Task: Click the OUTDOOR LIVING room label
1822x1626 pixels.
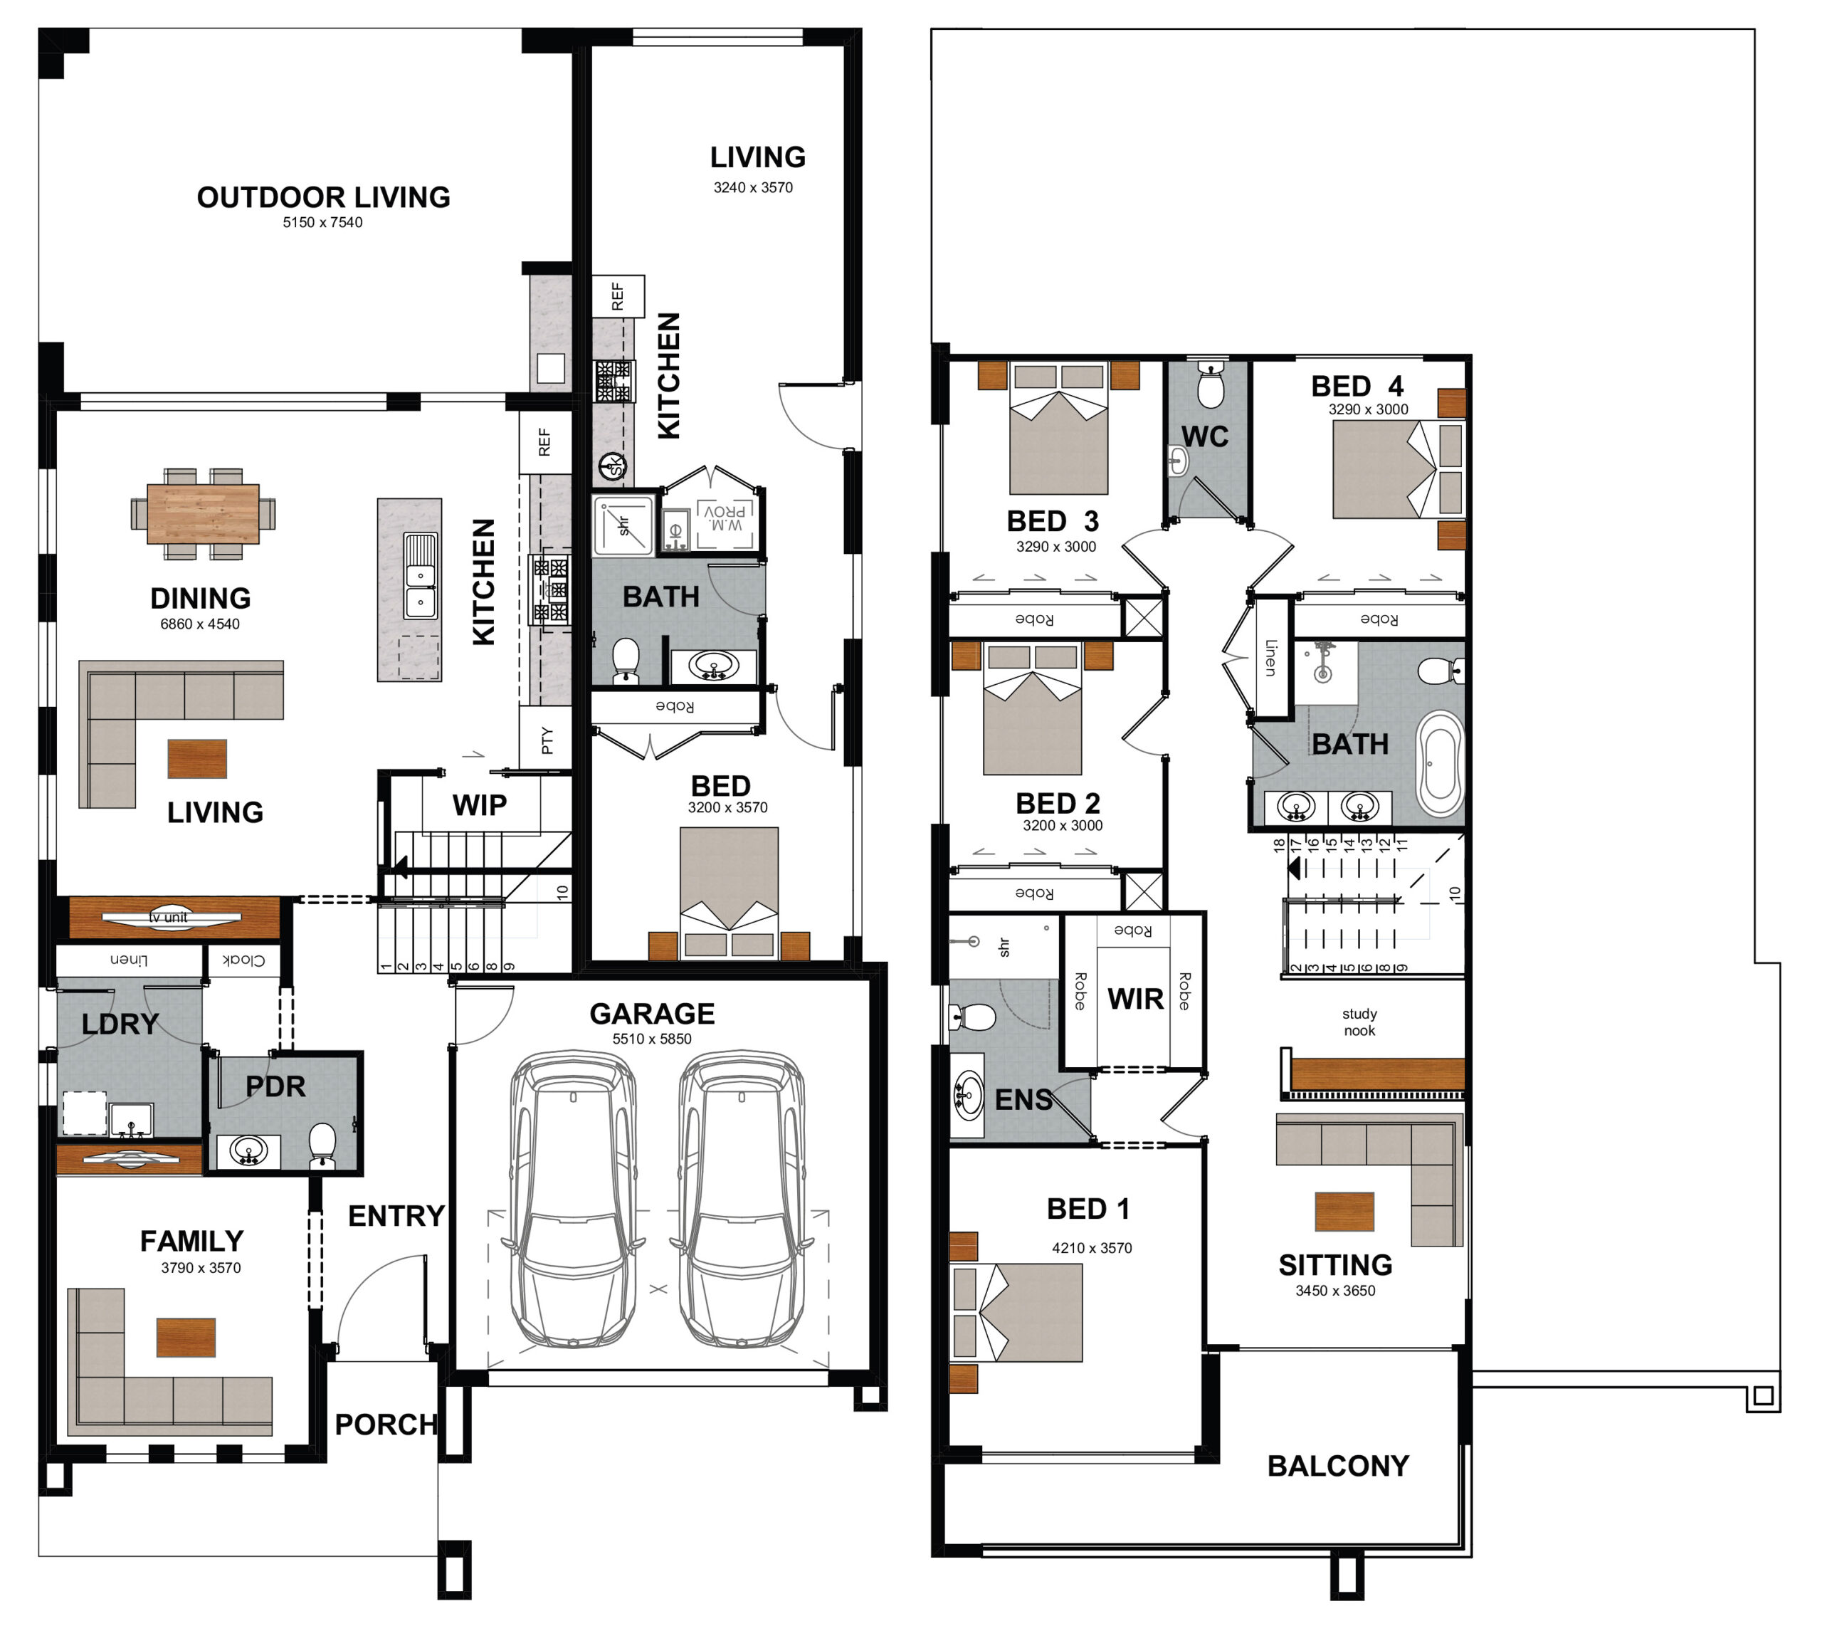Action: point(323,197)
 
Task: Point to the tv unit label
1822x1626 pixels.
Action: point(169,918)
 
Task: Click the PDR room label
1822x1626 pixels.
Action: point(275,1086)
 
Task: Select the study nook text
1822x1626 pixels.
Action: point(1359,1022)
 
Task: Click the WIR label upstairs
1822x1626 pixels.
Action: point(1135,999)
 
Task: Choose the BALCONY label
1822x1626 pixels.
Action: point(1337,1466)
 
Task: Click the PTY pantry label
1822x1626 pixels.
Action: point(547,740)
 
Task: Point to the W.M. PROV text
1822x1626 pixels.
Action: point(725,518)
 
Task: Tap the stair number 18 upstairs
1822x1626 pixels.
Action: point(1279,844)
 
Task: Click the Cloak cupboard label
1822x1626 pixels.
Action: point(243,960)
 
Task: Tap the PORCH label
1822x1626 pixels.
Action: point(386,1424)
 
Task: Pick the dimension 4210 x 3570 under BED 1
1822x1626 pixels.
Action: point(1091,1248)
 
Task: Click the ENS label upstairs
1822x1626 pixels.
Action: point(1023,1100)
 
